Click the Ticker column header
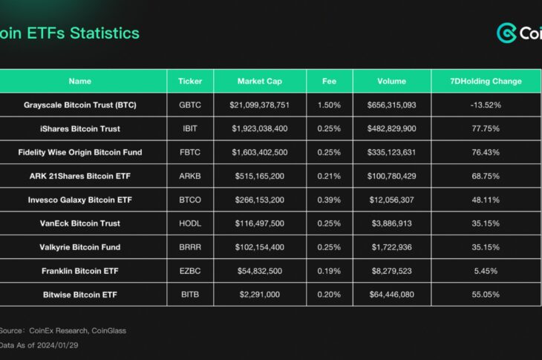[190, 81]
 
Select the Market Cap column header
[260, 81]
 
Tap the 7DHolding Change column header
[486, 81]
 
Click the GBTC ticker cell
[190, 105]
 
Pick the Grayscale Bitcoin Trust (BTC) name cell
[79, 105]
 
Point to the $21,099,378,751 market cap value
[260, 105]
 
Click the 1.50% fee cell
[329, 105]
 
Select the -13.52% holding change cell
[486, 105]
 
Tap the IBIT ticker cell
[190, 128]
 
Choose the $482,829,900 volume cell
[391, 128]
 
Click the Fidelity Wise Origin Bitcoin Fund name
[79, 152]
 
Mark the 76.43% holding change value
[486, 152]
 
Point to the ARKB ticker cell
[190, 176]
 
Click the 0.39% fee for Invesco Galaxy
[329, 200]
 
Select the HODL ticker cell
[190, 223]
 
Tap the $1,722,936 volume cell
[391, 247]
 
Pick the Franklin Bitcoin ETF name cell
[79, 271]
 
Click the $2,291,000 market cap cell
[260, 295]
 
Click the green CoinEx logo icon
[507, 33]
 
